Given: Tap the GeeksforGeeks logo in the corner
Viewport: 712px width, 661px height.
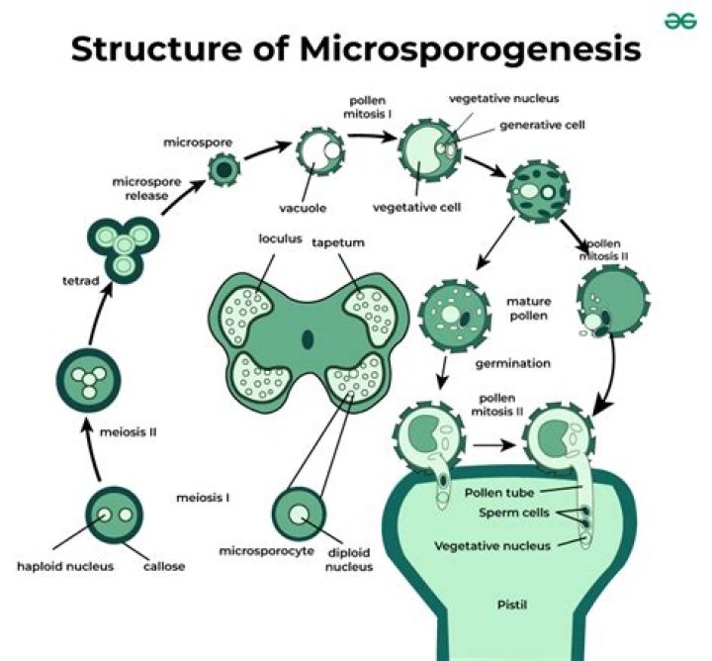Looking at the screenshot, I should [674, 21].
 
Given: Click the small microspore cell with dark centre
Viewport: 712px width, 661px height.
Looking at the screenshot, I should [224, 172].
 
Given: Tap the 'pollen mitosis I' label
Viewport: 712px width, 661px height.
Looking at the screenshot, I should [373, 110].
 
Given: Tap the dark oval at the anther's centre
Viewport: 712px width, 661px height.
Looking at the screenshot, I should [308, 340].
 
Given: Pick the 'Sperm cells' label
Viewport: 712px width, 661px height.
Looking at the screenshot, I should [506, 515].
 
